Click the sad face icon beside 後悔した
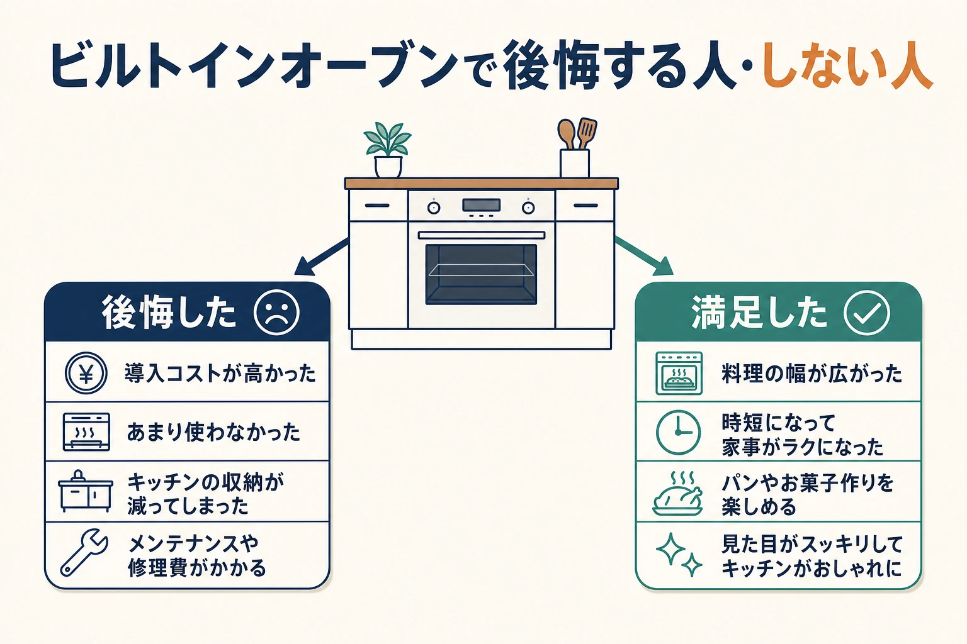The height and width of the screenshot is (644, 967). click(276, 313)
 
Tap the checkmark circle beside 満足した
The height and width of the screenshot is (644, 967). click(866, 313)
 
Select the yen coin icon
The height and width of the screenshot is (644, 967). click(86, 373)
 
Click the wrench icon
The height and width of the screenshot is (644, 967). click(84, 552)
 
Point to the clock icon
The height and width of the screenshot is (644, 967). click(678, 432)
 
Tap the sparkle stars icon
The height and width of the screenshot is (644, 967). click(679, 555)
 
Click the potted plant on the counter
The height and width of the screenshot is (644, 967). click(388, 150)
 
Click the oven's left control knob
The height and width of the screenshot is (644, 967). click(433, 208)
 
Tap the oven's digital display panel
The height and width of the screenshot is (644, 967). click(482, 205)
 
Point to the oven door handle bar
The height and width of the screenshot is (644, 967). click(482, 235)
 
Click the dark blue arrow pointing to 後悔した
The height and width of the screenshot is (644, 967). click(321, 257)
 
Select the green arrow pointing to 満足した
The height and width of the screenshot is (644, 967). click(643, 256)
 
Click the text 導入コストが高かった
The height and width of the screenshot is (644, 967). click(220, 374)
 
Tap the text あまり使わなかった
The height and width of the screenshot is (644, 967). click(213, 432)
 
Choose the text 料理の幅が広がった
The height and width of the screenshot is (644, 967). click(812, 374)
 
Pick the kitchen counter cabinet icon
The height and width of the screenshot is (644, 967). click(86, 491)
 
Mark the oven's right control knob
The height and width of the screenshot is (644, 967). click(528, 208)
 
